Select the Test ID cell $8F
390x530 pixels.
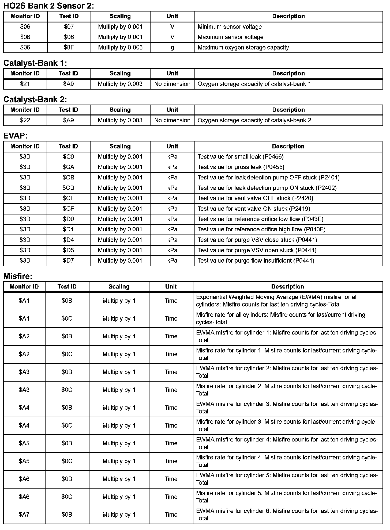point(69,48)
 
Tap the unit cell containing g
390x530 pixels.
point(172,48)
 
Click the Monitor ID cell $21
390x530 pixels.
point(25,84)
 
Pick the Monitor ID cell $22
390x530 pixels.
point(25,120)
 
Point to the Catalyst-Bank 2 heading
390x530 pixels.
point(35,99)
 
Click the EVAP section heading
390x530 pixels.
point(16,136)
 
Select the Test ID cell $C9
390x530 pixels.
point(68,157)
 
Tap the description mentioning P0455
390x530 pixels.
point(241,167)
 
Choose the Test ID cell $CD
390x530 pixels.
point(68,188)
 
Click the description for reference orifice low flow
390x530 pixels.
point(260,219)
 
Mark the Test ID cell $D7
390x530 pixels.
point(68,261)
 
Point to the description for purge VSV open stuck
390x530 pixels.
point(257,251)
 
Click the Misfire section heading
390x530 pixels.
point(18,276)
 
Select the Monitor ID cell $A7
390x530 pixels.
point(24,514)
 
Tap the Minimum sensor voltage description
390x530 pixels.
point(230,27)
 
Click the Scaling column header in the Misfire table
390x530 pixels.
point(119,287)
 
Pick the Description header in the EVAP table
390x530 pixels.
point(288,146)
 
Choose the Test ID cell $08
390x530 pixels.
point(69,37)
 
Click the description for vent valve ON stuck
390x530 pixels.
point(254,209)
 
